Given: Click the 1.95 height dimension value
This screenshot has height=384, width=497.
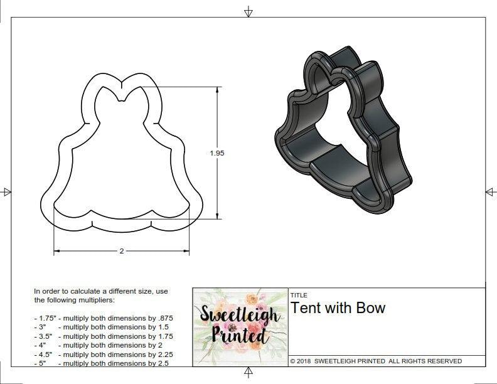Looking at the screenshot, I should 218,152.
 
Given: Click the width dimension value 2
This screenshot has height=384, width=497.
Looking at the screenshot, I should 121,251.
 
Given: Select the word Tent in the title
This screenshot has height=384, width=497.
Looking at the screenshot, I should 306,308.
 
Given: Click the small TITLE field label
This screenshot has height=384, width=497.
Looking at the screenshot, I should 298,295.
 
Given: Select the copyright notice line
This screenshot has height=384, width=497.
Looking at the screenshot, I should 376,361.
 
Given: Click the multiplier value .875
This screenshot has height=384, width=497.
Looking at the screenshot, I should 164,318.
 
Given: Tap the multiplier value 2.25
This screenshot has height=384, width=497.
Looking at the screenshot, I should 162,354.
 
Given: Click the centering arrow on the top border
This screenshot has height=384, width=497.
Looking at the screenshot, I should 248,11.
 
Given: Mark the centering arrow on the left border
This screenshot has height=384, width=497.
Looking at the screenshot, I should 6,191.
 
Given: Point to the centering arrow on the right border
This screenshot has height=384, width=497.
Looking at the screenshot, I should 490,191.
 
